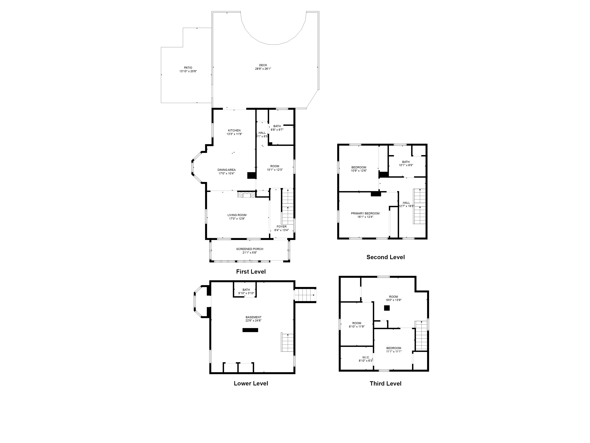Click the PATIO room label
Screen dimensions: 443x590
click(x=188, y=68)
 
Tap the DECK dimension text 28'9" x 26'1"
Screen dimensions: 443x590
click(x=263, y=69)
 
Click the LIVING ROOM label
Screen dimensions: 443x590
click(x=237, y=215)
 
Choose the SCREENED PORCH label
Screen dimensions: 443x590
click(x=250, y=249)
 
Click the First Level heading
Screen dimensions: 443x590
click(x=251, y=272)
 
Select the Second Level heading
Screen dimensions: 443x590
click(x=385, y=257)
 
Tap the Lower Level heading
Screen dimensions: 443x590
click(x=251, y=383)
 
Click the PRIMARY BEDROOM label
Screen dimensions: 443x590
click(x=365, y=213)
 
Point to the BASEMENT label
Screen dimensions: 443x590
click(x=253, y=317)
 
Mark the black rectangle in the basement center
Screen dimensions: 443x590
click(x=250, y=330)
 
